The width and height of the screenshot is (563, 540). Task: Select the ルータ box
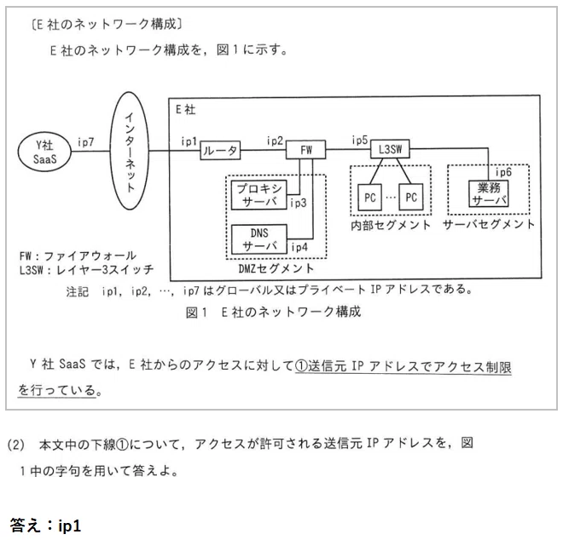(220, 152)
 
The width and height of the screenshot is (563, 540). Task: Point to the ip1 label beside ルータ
(189, 141)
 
